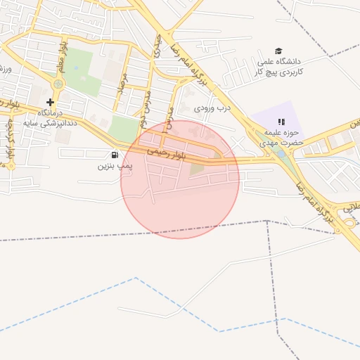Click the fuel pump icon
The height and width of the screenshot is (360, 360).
tap(115, 155)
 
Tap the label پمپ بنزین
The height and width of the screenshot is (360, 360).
tap(115, 166)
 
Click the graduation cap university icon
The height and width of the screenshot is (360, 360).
tap(278, 51)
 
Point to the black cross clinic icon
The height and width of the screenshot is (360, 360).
tap(50, 102)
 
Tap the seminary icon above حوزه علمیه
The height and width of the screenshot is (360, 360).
tap(282, 122)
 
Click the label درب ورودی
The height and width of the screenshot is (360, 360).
tap(213, 109)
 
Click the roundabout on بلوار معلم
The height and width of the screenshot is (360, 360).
tap(58, 84)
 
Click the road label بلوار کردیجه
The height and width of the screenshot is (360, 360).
tap(10, 141)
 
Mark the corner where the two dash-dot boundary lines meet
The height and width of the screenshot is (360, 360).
tap(267, 220)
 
